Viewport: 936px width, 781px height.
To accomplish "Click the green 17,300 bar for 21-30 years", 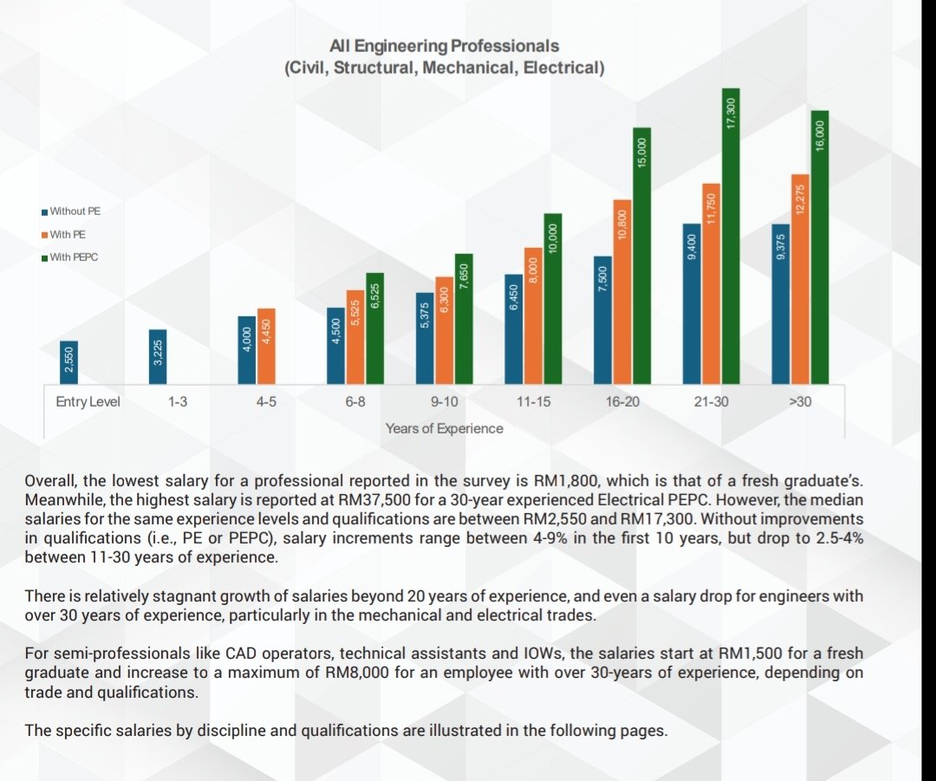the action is click(731, 237).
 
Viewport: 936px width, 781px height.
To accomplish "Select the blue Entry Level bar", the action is click(68, 362).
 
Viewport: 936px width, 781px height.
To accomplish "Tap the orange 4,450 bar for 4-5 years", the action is click(266, 347).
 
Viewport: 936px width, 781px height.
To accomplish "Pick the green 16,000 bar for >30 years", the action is click(820, 247).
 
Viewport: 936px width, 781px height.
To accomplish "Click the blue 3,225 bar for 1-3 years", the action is click(158, 357).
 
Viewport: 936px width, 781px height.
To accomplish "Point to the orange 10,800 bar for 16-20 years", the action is click(622, 292).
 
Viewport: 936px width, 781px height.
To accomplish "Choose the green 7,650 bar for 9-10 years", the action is click(464, 319).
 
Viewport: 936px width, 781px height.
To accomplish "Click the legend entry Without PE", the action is click(71, 212).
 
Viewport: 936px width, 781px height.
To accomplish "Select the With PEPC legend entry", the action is click(70, 257).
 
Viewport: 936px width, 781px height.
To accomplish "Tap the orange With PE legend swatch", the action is click(45, 235).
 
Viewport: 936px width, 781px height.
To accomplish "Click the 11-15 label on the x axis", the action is click(533, 402).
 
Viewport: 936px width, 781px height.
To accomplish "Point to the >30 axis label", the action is click(800, 402).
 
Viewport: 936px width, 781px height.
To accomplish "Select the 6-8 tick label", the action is click(355, 402).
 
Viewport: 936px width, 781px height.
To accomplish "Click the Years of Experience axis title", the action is click(444, 429).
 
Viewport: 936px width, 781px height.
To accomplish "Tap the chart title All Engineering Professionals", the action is click(444, 46).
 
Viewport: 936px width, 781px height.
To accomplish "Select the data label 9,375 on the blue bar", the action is click(780, 245).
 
